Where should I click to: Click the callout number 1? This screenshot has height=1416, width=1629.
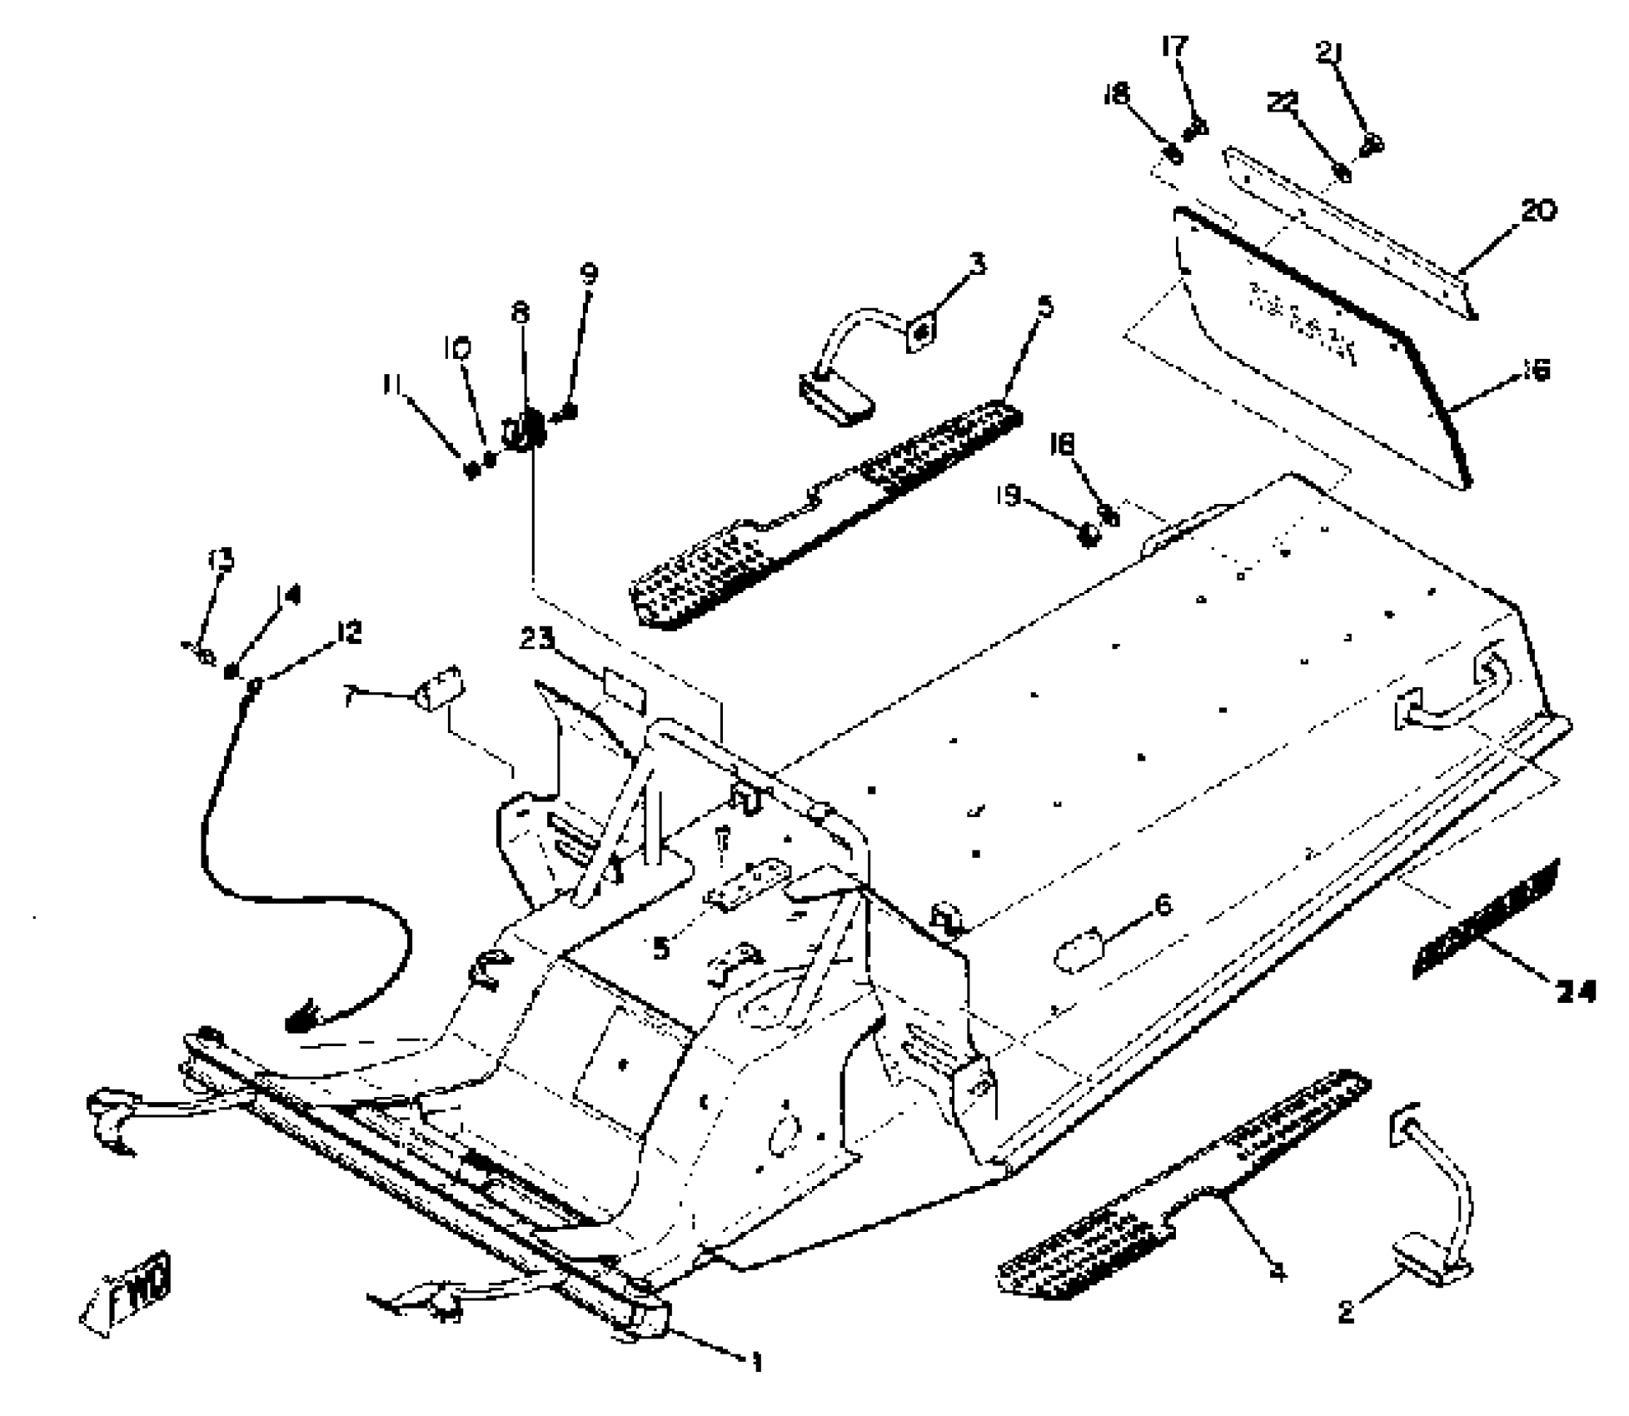click(x=756, y=1362)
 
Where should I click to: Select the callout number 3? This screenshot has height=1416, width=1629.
click(x=978, y=264)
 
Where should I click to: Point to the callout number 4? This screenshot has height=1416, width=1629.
click(x=1278, y=1272)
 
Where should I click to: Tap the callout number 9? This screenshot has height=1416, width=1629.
click(x=589, y=274)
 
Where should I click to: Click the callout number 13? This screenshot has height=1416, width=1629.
click(x=221, y=560)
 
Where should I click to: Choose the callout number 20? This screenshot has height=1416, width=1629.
click(x=1537, y=212)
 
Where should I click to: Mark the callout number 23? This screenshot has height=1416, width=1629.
click(x=537, y=640)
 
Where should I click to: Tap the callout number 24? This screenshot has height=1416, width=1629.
click(x=1573, y=991)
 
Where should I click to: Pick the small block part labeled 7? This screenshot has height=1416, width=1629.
click(x=441, y=689)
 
